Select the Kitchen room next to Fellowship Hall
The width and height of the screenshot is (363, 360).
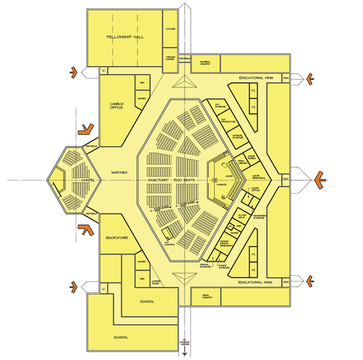coord(170,28)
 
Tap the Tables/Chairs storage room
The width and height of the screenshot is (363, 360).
coord(170,58)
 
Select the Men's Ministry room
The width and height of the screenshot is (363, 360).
coord(203,296)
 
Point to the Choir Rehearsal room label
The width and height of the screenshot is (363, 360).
coord(260,177)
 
